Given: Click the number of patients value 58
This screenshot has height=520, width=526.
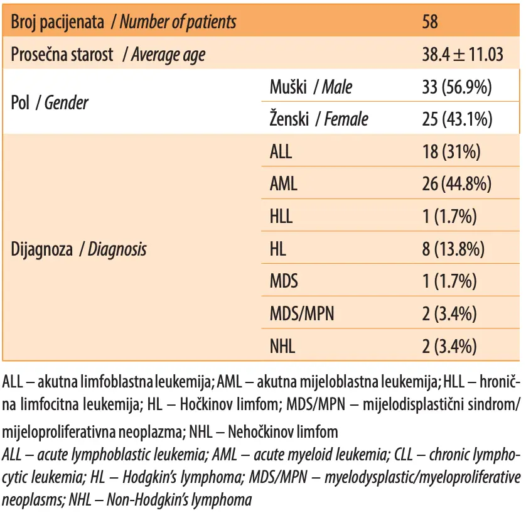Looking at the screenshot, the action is point(430,22).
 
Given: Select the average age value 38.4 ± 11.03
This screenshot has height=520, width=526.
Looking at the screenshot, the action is point(463,55).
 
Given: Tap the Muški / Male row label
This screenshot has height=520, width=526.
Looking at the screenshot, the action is point(311,87).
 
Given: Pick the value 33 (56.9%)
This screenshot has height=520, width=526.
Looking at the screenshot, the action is point(457,87).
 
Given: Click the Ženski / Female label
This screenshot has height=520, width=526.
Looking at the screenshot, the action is point(319,119).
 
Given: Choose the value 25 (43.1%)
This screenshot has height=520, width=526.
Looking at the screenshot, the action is point(457,119).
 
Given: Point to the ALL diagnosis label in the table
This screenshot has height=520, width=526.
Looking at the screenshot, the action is point(281,152).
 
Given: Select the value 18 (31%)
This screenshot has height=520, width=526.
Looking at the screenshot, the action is point(451,152).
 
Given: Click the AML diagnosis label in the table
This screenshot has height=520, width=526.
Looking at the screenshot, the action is point(284,184).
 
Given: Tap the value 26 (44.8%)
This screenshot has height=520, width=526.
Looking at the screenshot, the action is point(457,184).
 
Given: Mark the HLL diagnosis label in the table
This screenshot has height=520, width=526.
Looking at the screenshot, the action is point(281,217).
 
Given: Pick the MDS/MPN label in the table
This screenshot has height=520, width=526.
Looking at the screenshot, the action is point(302,314).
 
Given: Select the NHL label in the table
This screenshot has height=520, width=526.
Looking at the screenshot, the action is point(282,347).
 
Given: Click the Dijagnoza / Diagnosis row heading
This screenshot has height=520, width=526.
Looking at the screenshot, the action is point(78,249).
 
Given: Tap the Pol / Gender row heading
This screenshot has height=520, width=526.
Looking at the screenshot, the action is point(50,103).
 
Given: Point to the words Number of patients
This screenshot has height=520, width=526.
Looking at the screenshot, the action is point(178,22).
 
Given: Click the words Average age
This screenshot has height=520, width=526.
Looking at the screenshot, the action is point(168,55).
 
